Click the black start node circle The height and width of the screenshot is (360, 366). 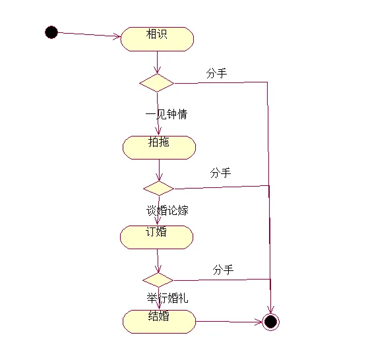(51, 32)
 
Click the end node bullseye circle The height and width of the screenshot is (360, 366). (271, 322)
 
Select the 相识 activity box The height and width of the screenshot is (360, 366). (157, 39)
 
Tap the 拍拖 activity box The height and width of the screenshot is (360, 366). (159, 148)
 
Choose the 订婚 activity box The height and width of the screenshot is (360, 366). (157, 237)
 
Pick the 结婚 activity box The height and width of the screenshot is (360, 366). (159, 322)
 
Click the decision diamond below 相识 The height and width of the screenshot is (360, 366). (157, 83)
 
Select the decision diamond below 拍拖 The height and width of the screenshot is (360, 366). (159, 189)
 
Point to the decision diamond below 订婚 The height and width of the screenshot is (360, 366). (158, 280)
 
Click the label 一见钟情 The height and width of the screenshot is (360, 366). (166, 114)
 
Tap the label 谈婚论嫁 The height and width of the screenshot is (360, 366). (167, 210)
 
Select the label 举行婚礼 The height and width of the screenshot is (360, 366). (168, 298)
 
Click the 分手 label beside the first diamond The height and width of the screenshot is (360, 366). (216, 73)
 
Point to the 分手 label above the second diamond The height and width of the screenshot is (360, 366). (220, 173)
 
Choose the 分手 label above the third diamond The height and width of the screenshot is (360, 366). (223, 270)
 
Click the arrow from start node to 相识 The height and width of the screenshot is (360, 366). (89, 34)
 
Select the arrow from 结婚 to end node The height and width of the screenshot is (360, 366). (229, 322)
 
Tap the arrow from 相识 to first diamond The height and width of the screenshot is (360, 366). (157, 63)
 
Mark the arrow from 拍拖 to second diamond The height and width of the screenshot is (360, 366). (159, 170)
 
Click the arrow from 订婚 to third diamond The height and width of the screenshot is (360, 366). (158, 261)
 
